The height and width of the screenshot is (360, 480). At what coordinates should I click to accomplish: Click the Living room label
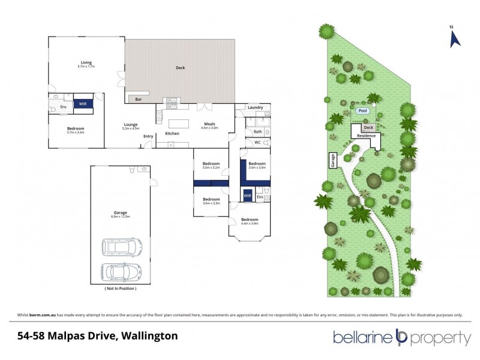click(x=86, y=62)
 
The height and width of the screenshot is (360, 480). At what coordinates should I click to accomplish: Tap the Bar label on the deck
click(x=138, y=99)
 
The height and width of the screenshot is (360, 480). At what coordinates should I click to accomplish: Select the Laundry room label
click(x=255, y=107)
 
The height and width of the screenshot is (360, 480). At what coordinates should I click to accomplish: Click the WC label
click(x=257, y=143)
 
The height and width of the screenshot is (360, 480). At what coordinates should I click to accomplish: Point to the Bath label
click(x=257, y=131)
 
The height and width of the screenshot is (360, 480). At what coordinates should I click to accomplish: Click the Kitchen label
click(x=172, y=133)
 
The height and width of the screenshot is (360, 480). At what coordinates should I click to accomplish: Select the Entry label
click(x=148, y=136)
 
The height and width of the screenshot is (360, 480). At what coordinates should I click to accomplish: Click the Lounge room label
click(x=130, y=125)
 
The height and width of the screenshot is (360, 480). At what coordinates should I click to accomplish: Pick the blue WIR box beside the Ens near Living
click(x=83, y=104)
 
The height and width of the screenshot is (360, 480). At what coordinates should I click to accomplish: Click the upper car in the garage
click(x=122, y=247)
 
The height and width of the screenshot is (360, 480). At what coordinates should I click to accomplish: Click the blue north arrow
click(x=455, y=39)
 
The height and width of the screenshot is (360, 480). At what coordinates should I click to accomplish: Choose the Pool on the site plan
click(x=362, y=111)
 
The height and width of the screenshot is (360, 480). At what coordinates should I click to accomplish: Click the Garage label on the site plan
click(x=331, y=160)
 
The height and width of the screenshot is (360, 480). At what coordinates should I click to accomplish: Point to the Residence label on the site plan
click(x=366, y=136)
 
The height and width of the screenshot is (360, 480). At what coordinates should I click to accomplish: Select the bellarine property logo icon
click(x=401, y=338)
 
